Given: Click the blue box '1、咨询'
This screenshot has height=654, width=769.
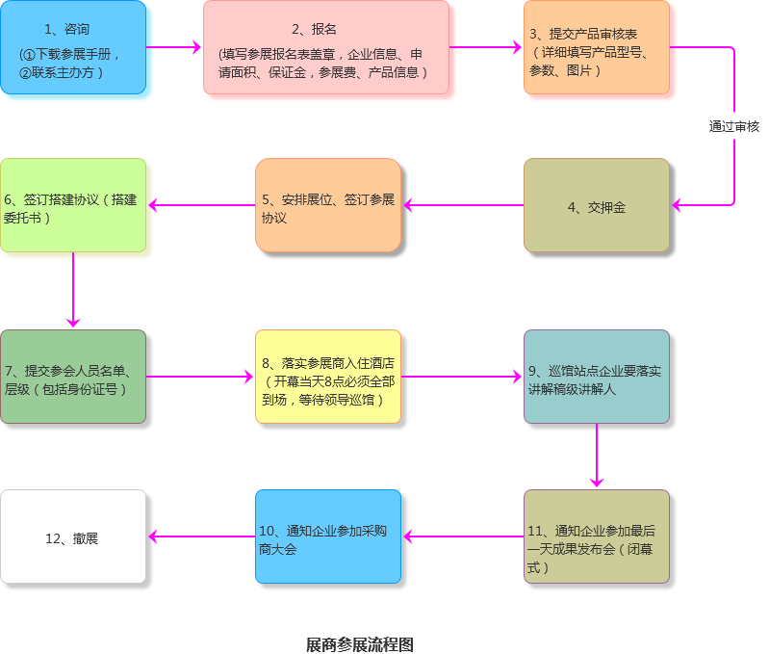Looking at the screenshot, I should (73, 47).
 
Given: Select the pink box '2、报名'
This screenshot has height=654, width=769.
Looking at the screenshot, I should (326, 47).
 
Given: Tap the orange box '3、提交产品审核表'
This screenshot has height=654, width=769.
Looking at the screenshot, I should (597, 47).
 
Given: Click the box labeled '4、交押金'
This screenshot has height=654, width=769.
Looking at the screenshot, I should (597, 205).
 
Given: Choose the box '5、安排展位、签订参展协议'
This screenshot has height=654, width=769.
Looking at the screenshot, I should (328, 205).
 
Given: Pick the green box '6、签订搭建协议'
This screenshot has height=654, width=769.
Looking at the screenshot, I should (73, 205).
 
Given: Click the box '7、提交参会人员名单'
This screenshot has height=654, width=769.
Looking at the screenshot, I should (73, 377).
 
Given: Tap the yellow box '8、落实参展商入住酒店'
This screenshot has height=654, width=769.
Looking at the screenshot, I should (328, 377).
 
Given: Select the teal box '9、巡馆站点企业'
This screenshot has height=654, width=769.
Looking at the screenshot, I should (597, 377).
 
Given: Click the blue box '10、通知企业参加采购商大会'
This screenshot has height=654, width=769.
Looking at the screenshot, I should (328, 536).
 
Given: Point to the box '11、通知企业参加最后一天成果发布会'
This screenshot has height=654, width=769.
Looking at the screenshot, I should (597, 536).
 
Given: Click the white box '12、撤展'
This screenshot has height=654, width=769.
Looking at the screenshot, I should (73, 536).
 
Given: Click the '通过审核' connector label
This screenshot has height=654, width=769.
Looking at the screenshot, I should (734, 126).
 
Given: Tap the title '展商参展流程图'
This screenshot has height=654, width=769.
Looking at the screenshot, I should (359, 643).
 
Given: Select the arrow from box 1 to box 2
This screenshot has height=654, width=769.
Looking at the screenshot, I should (174, 47).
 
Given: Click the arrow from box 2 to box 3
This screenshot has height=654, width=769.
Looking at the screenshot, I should (486, 47).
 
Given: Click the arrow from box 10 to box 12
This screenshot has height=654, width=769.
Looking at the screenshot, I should (200, 536).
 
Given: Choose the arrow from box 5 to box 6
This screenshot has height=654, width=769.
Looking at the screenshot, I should (200, 204).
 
